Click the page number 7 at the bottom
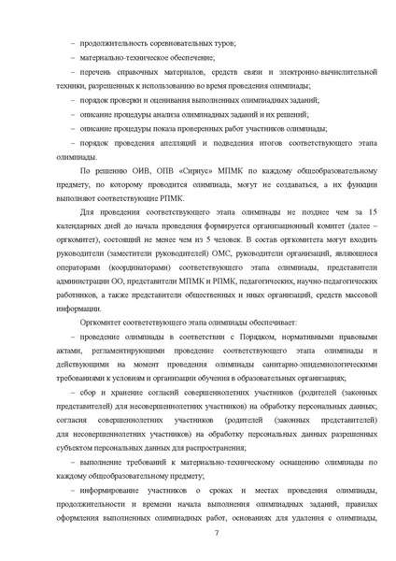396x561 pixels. point(216,533)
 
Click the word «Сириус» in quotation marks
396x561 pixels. point(172,173)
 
